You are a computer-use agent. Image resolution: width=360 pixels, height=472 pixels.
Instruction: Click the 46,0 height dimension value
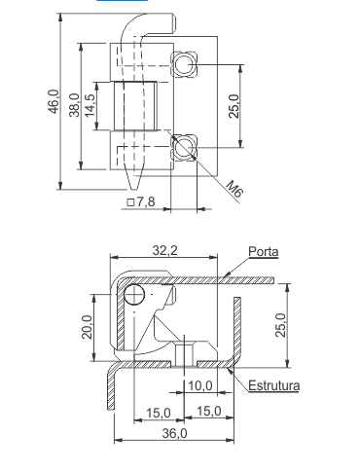point(54,101)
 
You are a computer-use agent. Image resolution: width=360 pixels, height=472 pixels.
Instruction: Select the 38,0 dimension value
point(74,105)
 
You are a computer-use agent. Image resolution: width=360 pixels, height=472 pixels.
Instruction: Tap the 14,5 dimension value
point(90,106)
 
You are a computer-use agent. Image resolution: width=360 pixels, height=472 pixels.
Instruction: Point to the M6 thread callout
point(234,189)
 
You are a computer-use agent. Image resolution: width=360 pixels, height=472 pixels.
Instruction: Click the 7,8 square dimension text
point(141,201)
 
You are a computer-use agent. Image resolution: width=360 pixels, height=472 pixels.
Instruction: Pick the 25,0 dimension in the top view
point(234,106)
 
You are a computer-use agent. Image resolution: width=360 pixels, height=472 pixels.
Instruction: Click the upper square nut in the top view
point(184,64)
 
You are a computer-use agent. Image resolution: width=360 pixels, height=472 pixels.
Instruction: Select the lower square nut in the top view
point(184,147)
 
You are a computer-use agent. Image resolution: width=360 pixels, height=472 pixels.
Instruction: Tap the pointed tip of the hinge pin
point(132,190)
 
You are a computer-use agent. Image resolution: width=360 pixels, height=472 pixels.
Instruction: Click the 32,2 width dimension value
point(165,250)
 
